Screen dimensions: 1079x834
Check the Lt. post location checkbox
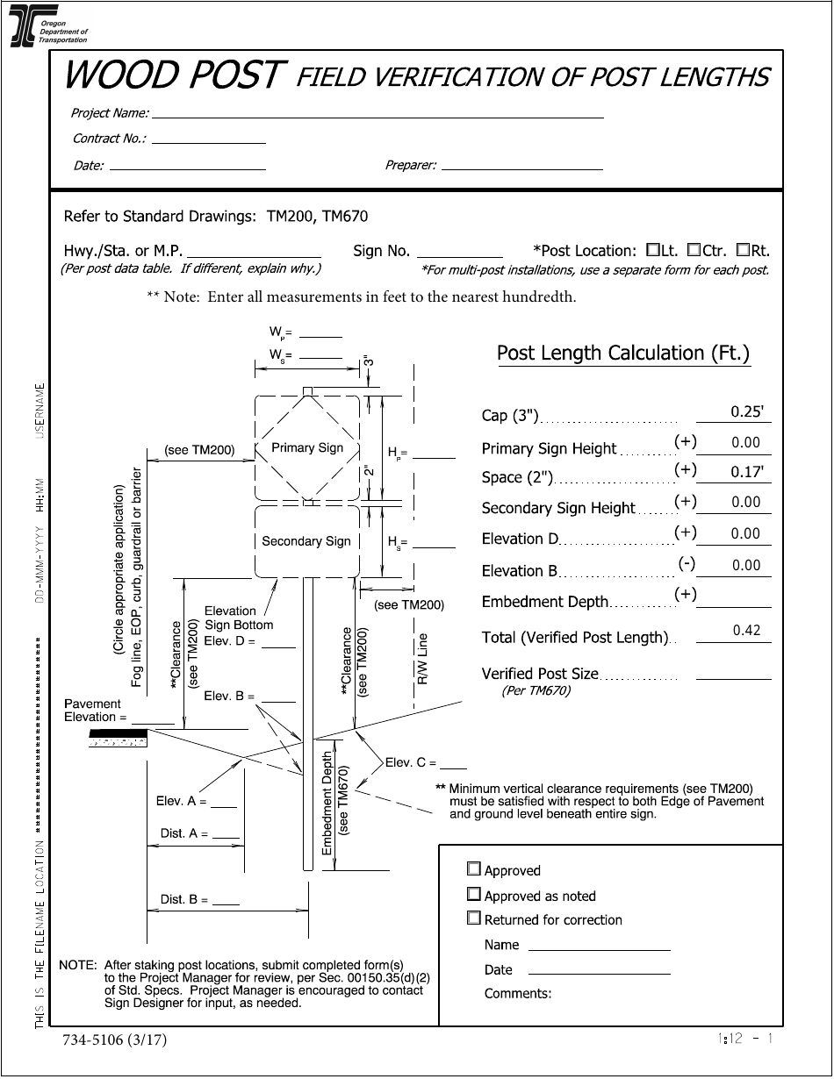click(652, 250)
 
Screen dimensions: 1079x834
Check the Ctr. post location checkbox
click(694, 250)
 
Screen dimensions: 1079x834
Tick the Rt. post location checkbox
click(743, 250)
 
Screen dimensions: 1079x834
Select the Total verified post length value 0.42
click(745, 631)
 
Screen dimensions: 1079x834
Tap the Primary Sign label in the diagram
click(307, 447)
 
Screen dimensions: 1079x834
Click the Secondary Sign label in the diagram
click(306, 541)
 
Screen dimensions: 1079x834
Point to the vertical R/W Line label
click(422, 658)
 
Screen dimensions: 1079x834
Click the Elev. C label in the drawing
click(411, 762)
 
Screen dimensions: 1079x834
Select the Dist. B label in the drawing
click(183, 899)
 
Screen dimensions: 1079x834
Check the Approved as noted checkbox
click(474, 895)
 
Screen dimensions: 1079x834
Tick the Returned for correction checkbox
click(474, 918)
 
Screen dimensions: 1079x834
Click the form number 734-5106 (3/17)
click(114, 1040)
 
